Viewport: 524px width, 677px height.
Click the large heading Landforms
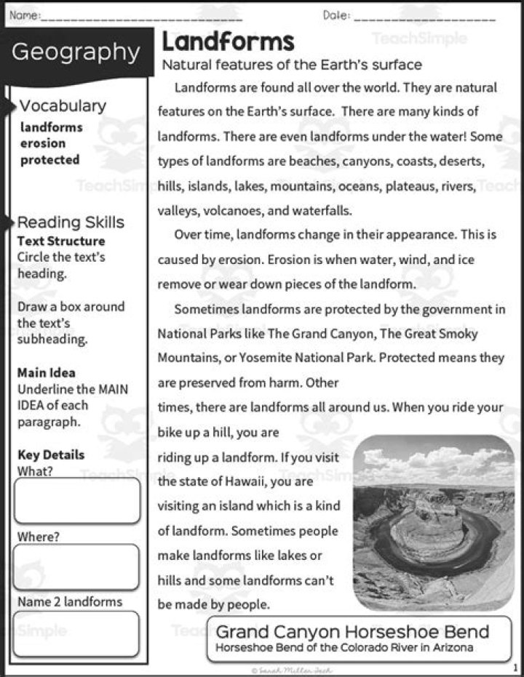228,41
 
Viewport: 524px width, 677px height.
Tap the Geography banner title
76,52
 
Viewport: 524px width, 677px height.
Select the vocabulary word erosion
43,143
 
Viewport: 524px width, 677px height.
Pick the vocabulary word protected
49,160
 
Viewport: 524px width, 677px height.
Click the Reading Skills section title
71,223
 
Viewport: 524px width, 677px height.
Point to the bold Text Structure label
61,241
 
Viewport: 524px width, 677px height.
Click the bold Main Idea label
46,372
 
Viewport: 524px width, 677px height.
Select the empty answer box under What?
76,501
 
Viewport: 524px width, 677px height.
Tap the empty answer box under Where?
76,567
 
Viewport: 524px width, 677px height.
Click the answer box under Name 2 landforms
76,633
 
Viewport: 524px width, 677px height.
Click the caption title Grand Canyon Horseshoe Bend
352,630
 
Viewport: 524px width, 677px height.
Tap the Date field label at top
336,15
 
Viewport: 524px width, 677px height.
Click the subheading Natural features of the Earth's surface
292,65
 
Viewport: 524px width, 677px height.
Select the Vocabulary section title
63,105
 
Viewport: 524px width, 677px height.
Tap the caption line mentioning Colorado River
344,647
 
